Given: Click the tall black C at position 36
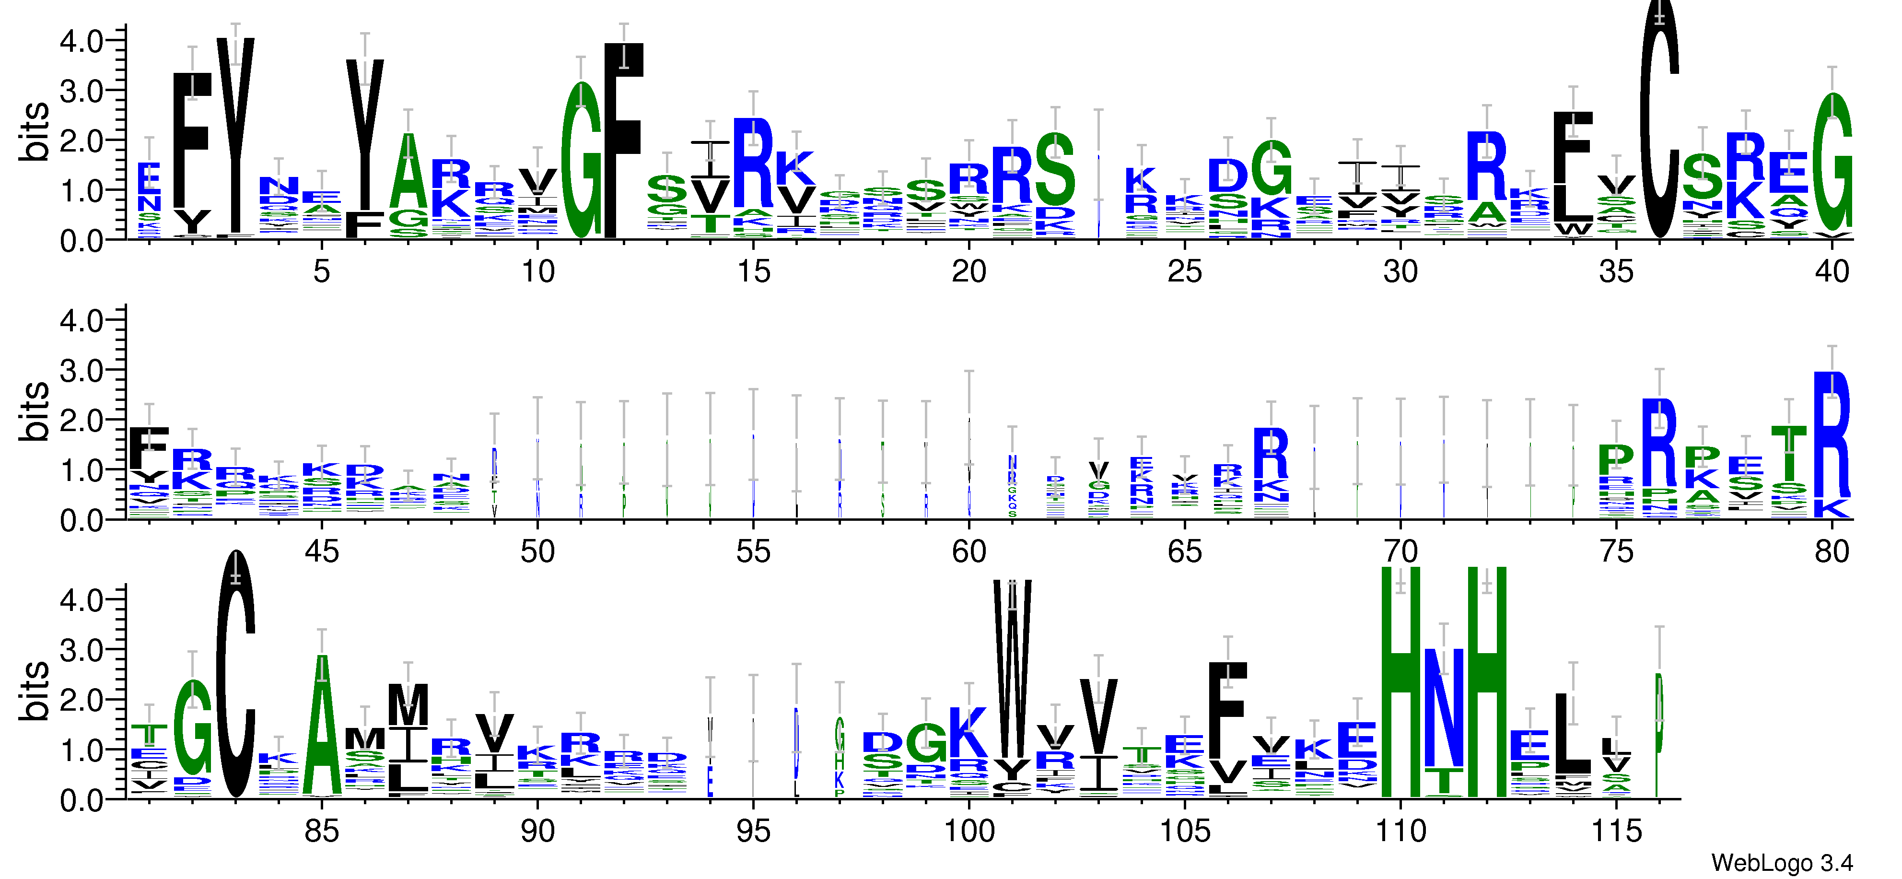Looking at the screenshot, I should tap(1659, 118).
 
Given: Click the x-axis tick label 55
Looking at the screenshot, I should tap(753, 552).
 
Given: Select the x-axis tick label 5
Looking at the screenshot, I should tap(321, 272).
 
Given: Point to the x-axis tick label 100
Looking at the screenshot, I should tap(969, 832).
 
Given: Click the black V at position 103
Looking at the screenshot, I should tap(1098, 716).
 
